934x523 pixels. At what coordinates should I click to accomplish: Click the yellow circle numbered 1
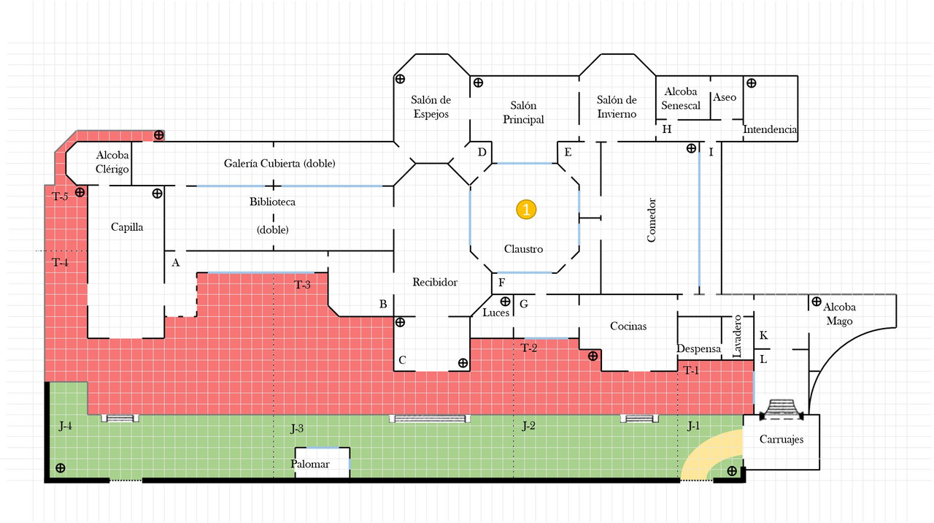click(526, 209)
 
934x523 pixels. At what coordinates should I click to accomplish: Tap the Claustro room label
click(523, 249)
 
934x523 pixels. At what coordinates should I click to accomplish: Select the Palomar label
click(310, 464)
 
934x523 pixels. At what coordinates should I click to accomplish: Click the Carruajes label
click(781, 439)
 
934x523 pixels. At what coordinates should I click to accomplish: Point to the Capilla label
click(127, 227)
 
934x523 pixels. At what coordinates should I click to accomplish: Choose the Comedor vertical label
click(652, 220)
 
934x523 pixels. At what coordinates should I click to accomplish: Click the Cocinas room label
click(628, 326)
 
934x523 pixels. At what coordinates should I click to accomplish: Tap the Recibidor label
click(435, 282)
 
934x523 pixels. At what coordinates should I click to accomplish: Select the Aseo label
click(725, 97)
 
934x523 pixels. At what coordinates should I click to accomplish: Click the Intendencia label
click(770, 129)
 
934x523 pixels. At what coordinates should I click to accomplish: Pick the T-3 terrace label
click(302, 285)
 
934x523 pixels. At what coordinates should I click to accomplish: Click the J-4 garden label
click(65, 426)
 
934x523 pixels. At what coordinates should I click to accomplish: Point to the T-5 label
click(60, 196)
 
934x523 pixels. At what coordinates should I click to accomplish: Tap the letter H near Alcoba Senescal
click(667, 129)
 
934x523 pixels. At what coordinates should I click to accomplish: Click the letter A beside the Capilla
click(176, 262)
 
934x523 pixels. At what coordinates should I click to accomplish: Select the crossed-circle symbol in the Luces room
click(505, 301)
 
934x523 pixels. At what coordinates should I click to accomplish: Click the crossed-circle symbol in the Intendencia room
click(751, 83)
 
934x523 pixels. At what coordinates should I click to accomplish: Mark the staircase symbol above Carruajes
click(781, 410)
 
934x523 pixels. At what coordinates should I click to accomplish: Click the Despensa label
click(698, 349)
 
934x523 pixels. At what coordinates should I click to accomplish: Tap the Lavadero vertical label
click(737, 337)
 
